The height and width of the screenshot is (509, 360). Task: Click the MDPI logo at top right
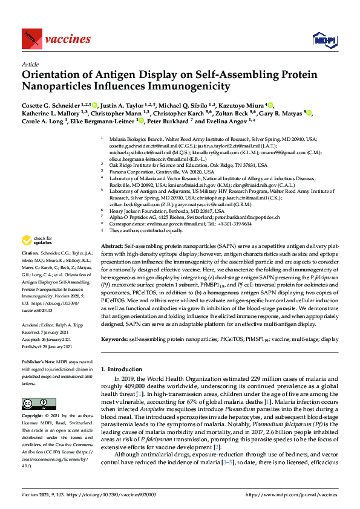coord(321,40)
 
